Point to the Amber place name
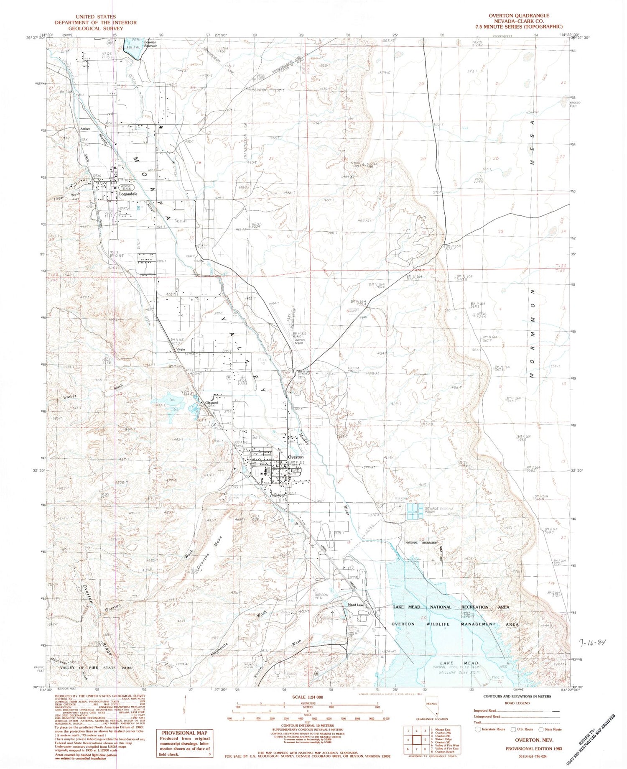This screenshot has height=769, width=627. point(85,129)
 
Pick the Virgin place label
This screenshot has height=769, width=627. point(180,350)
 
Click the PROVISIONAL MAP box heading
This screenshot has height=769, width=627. point(184,733)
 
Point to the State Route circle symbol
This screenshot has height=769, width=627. point(542,729)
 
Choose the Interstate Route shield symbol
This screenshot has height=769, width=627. point(477,729)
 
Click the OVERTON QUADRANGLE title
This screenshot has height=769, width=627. point(519,15)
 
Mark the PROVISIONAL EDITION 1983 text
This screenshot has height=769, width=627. point(534,749)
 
